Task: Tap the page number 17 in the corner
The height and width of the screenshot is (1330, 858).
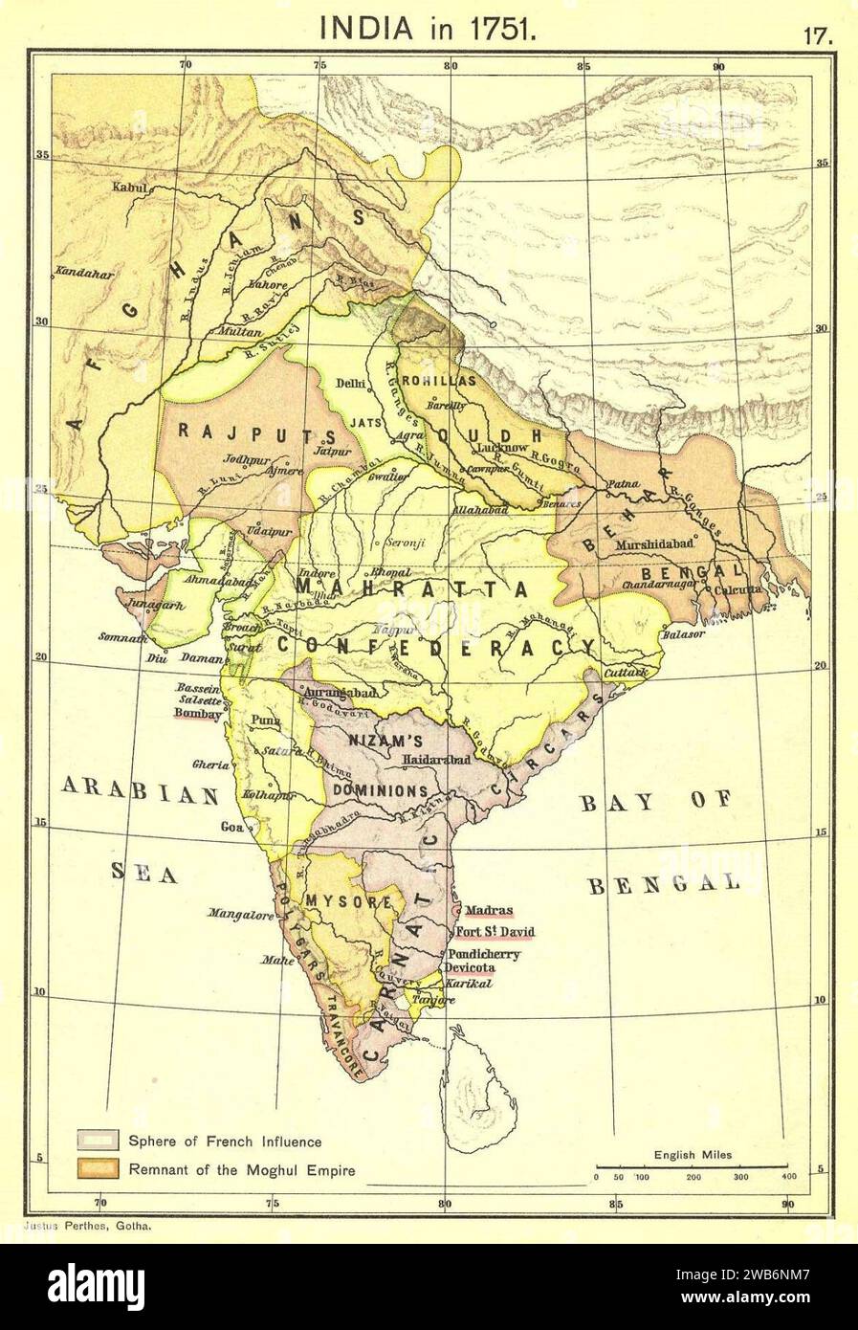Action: (x=820, y=37)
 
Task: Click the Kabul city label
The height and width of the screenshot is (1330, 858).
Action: (x=129, y=188)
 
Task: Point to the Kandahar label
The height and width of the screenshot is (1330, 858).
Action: (x=85, y=273)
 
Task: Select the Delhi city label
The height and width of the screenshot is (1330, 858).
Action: (x=352, y=385)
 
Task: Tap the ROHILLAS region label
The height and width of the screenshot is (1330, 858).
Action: (x=439, y=380)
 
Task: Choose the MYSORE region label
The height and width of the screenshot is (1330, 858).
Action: (x=349, y=900)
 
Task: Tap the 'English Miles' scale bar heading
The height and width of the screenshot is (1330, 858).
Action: (x=693, y=1155)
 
